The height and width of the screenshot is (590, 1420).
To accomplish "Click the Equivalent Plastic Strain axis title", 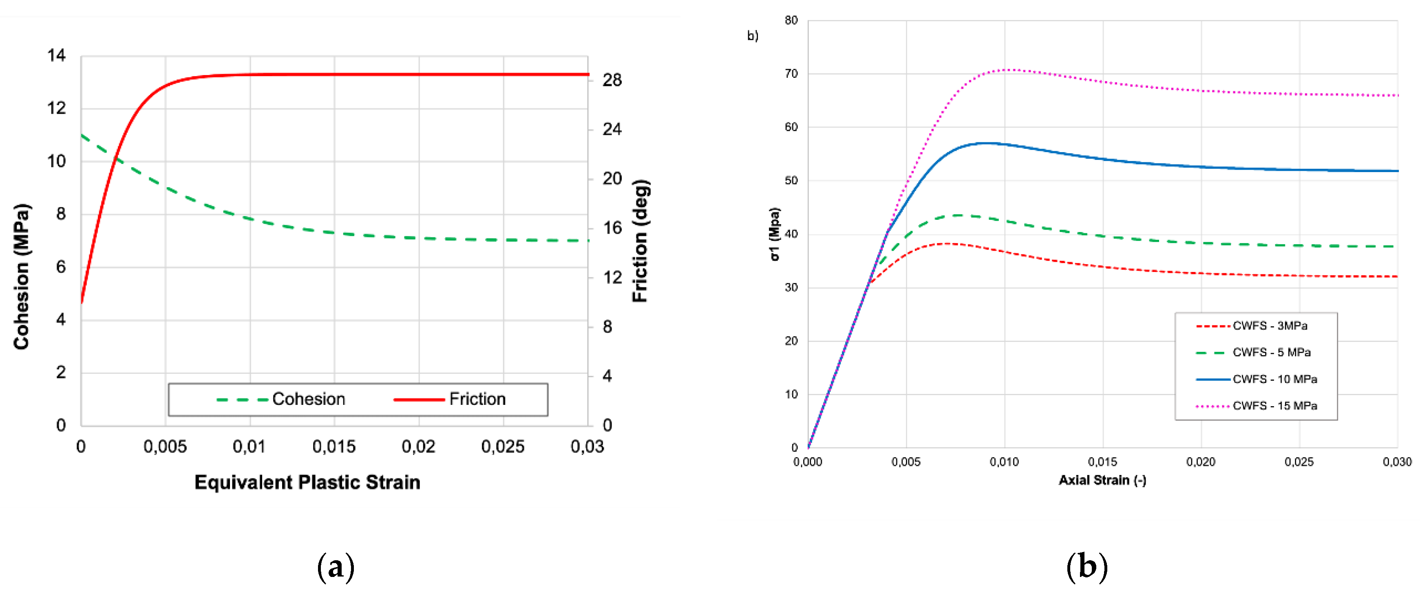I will coord(307,482).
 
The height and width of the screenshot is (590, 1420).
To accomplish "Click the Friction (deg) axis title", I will coord(640,241).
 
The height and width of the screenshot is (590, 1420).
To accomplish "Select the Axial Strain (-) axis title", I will coord(1102,480).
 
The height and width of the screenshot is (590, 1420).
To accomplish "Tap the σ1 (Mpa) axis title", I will coord(775,234).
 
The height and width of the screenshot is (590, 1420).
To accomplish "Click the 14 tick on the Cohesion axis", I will coord(56,55).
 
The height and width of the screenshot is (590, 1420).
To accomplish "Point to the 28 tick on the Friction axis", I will coord(612,80).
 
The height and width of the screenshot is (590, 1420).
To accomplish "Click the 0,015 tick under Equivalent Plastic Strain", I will coord(334,446).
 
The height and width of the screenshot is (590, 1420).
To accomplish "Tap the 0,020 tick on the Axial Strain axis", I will coord(1201,462).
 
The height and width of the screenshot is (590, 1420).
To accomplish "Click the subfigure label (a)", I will coord(336,567).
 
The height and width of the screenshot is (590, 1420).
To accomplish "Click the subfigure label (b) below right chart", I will coord(1087,567).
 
